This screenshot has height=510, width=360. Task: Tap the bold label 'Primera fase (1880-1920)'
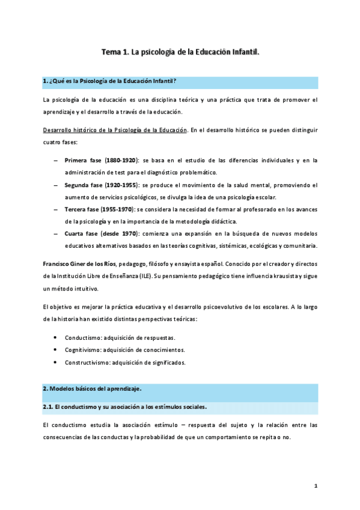coord(102,160)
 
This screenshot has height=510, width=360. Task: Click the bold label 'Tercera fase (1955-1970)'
coord(101,209)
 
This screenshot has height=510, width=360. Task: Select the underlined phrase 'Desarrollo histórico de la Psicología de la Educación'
coord(115,130)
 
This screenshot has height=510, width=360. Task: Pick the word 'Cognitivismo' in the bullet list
coord(83,350)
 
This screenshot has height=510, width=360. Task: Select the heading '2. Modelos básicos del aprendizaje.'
coord(92,389)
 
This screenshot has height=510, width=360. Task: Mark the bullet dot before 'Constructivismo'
coord(56,363)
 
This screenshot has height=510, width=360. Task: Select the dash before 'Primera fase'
coord(56,160)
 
